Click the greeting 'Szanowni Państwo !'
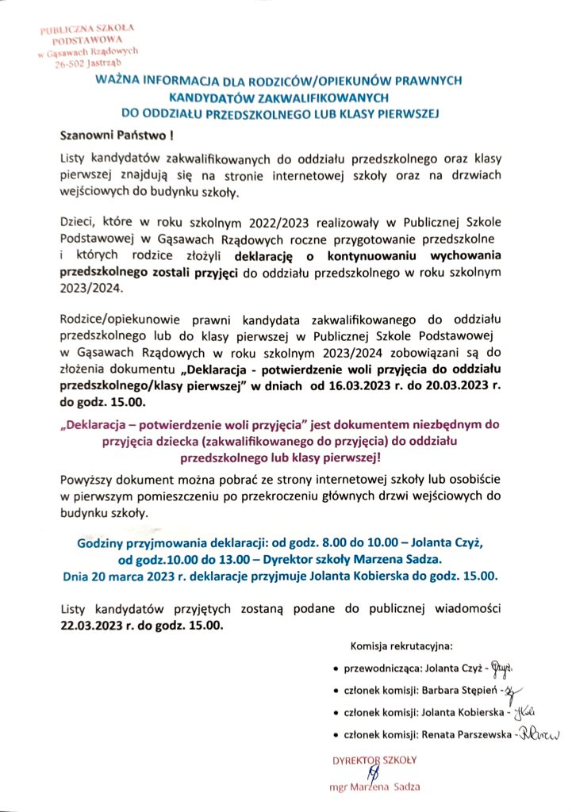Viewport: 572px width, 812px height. pos(106,136)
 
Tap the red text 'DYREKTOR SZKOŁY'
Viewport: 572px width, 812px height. pos(374,760)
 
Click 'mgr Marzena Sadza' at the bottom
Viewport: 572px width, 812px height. pos(374,787)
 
